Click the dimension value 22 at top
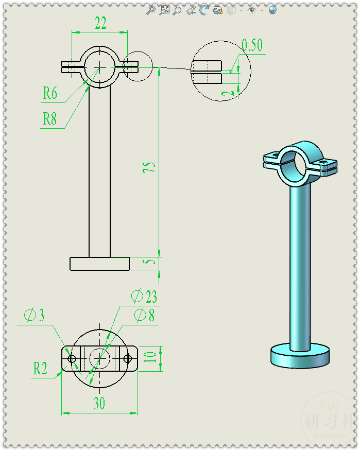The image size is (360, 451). point(100,23)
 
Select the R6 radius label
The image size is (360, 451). point(50,93)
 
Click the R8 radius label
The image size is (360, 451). point(50,119)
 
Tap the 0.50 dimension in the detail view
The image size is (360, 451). point(252,45)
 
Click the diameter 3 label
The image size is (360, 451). point(35,315)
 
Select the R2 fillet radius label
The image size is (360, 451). point(41,369)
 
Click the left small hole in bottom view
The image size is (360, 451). point(72,358)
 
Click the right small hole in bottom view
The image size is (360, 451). point(127,358)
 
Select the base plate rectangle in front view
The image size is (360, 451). point(99,264)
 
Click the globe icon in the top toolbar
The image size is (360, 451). point(272,10)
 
